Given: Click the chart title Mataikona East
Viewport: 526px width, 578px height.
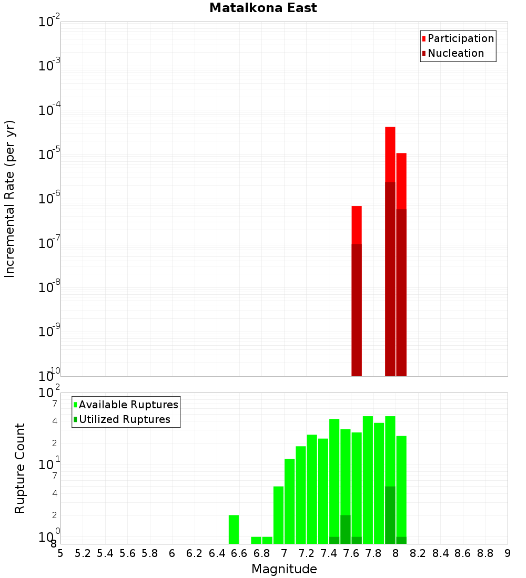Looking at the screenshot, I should pyautogui.click(x=263, y=8).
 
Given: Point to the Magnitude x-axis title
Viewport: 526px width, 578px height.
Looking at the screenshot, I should pyautogui.click(x=284, y=569).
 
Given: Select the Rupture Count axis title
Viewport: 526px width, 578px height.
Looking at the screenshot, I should pyautogui.click(x=20, y=468).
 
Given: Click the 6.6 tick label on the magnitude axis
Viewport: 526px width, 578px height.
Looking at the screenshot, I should pyautogui.click(x=239, y=553).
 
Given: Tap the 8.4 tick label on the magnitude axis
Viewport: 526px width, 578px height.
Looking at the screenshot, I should pyautogui.click(x=440, y=553).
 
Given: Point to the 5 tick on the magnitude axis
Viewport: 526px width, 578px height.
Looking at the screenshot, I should pyautogui.click(x=60, y=553).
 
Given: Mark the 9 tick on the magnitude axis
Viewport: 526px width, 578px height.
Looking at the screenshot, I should pyautogui.click(x=508, y=553).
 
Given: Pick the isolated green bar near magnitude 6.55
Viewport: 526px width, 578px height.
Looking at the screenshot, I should pyautogui.click(x=234, y=529).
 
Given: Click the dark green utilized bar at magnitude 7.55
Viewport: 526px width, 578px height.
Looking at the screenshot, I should pyautogui.click(x=346, y=529).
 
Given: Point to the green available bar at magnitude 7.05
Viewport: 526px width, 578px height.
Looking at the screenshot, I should pyautogui.click(x=290, y=501).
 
